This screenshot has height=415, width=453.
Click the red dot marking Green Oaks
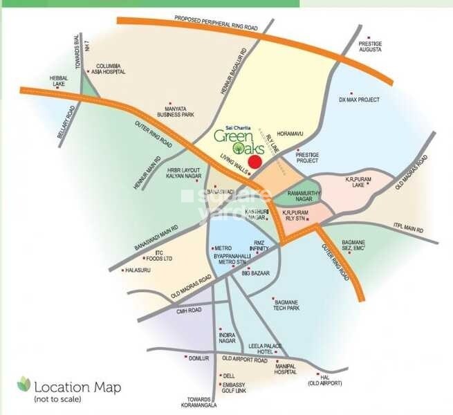point(255,162)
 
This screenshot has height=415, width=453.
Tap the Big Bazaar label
point(255,275)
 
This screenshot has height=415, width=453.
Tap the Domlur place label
point(198,358)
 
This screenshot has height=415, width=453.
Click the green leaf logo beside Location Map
point(24,382)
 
